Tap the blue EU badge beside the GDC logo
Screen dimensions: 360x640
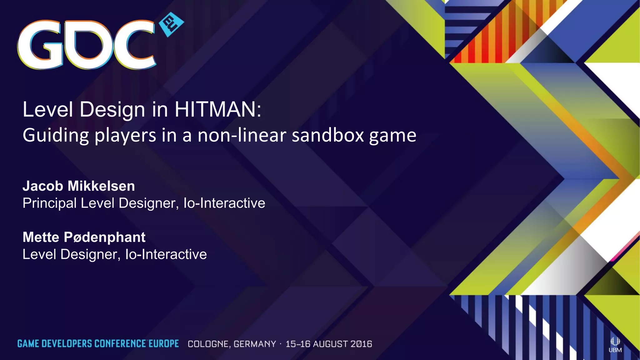171,25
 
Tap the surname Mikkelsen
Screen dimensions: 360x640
102,186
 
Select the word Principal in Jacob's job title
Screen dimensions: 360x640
49,203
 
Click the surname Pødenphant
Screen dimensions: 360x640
105,237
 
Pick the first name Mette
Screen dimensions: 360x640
41,237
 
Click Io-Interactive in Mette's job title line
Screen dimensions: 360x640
166,254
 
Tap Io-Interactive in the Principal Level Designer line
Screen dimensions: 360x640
224,203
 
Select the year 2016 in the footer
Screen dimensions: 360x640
361,344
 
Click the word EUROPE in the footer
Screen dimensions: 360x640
163,344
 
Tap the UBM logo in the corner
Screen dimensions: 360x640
615,345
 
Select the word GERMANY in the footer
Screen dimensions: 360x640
255,344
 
